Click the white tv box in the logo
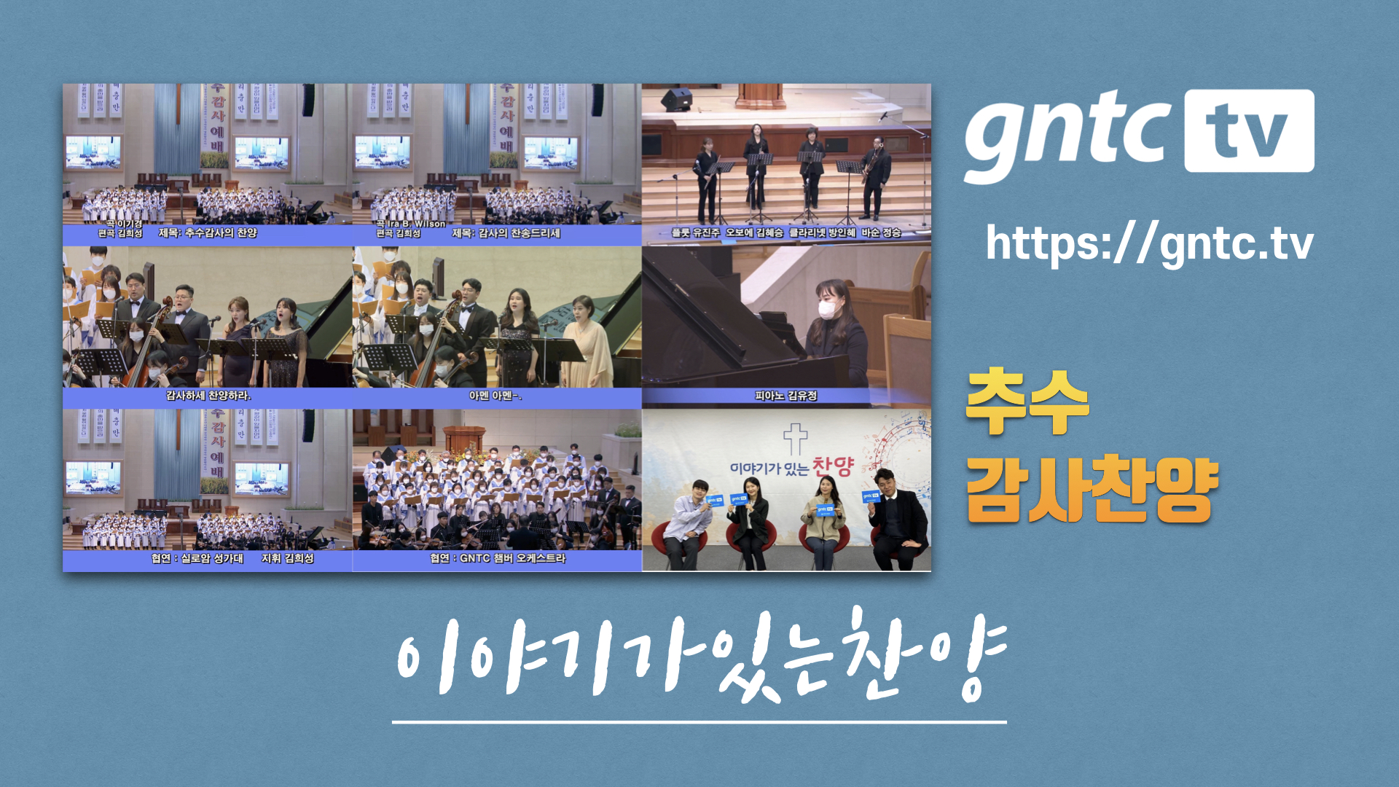tap(1249, 131)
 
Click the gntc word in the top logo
tap(1068, 135)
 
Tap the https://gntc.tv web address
tap(1149, 244)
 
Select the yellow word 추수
tap(1027, 402)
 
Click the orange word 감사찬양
tap(1092, 490)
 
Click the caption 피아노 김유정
tap(785, 396)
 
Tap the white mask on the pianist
tap(826, 309)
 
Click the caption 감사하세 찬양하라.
tap(208, 396)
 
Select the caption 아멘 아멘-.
tap(495, 396)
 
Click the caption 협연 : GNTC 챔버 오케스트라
tap(498, 558)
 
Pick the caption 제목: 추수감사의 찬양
tap(208, 233)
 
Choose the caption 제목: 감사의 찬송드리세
tap(506, 233)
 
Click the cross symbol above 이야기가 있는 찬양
tap(795, 439)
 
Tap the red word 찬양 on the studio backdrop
tap(832, 466)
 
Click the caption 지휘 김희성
tap(288, 558)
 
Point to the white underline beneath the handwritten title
tap(699, 722)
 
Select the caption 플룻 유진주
tap(695, 232)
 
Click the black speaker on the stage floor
tap(676, 100)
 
